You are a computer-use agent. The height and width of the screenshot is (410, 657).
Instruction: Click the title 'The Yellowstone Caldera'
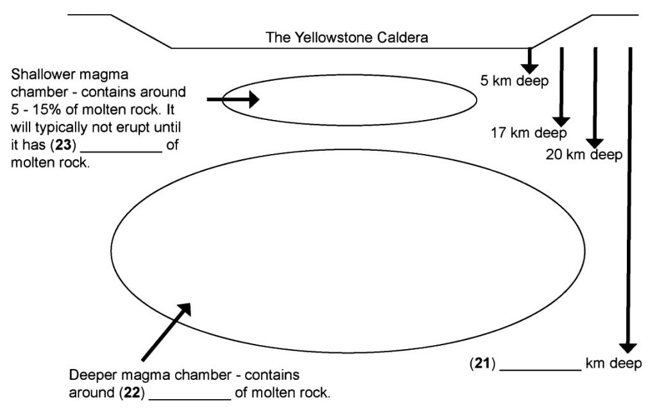tap(347, 38)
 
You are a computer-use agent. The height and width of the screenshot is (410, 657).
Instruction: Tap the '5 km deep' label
tap(515, 81)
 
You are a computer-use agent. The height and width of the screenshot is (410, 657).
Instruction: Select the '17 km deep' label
tap(529, 133)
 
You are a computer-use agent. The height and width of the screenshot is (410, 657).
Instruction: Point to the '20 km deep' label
tap(584, 154)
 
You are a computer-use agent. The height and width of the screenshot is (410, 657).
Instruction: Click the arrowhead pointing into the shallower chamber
tap(252, 99)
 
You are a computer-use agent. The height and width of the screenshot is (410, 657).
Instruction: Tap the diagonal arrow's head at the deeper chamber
tap(185, 309)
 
